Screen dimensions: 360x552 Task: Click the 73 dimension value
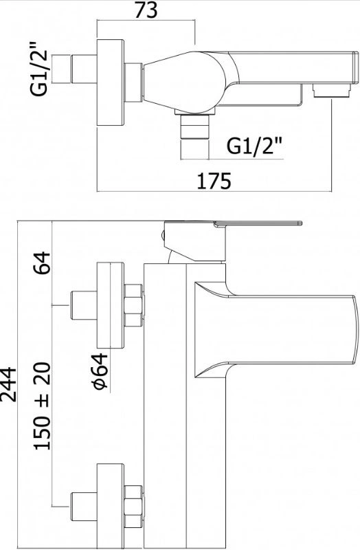[146, 10]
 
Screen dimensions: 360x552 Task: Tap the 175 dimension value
[214, 181]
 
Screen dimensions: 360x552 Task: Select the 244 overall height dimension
[8, 384]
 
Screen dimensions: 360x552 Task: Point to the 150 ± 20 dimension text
[43, 406]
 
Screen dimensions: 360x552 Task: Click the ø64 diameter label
[100, 371]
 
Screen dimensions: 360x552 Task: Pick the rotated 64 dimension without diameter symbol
[43, 263]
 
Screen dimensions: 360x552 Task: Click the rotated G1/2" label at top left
[38, 69]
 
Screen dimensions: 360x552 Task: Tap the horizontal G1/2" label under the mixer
[254, 146]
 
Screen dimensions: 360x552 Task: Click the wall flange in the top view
[111, 82]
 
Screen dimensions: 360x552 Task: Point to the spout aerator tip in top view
[332, 90]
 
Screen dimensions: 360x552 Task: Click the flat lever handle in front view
[258, 223]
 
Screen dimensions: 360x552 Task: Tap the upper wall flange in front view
[111, 305]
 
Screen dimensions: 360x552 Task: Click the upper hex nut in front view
[134, 305]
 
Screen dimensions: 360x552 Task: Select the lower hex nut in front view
[134, 506]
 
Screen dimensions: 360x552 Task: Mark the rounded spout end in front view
[353, 329]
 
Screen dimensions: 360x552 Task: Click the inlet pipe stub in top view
[84, 69]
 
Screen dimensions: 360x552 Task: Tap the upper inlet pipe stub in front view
[84, 305]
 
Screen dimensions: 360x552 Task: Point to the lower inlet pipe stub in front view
[84, 506]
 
